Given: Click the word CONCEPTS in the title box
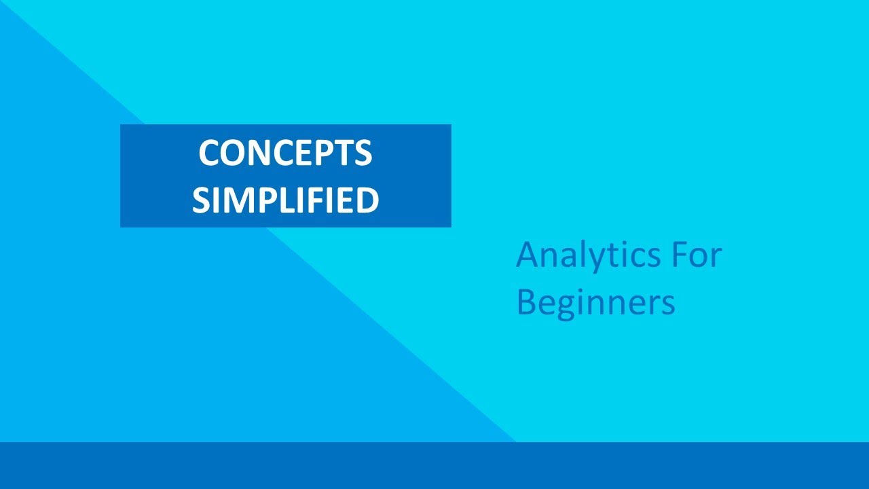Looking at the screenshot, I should point(285,153).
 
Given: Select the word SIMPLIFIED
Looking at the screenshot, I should point(285,200).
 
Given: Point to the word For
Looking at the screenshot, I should point(697,255).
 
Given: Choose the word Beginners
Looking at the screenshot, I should point(595,303).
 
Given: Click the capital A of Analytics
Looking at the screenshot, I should point(528,255).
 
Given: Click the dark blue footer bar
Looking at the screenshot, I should point(434,466).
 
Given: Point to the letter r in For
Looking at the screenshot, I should point(715,258).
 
